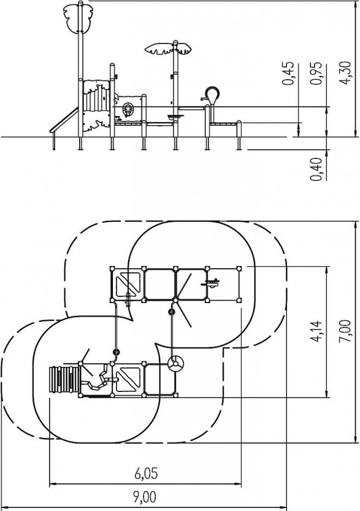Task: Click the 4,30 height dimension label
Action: click(x=345, y=72)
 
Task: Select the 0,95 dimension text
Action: click(x=316, y=73)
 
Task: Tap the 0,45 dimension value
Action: click(x=288, y=74)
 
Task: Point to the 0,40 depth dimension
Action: click(x=316, y=169)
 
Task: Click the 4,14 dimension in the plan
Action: click(x=316, y=331)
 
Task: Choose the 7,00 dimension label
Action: click(x=345, y=331)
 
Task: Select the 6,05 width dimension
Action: click(x=147, y=474)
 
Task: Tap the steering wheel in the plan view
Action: click(x=175, y=363)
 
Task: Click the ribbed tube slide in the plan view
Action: click(x=64, y=380)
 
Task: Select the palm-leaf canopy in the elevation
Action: click(x=168, y=49)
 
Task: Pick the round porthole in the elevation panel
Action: click(x=128, y=109)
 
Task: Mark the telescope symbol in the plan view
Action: click(x=210, y=283)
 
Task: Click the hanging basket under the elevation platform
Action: click(x=175, y=117)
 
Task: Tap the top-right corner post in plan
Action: click(x=239, y=268)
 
